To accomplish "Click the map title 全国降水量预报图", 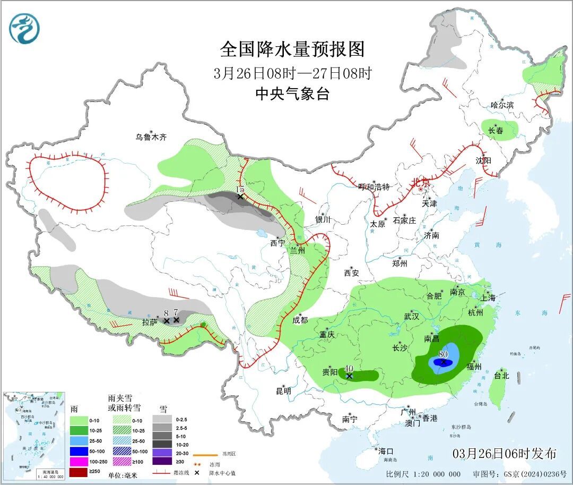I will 292,49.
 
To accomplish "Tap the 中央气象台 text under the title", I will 292,94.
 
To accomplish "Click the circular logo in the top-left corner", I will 24,29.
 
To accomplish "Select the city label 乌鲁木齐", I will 151,137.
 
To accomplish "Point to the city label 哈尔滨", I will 502,105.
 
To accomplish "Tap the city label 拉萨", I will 150,322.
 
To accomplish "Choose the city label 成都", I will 300,320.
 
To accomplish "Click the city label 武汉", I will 411,316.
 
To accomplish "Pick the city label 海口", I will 386,451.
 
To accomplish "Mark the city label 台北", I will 501,376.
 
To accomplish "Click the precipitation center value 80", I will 443,354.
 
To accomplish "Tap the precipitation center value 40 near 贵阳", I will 349,369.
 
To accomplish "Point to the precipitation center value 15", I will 240,190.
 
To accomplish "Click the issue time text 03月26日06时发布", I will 504,453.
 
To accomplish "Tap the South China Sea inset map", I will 34,436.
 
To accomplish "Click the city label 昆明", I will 283,391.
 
